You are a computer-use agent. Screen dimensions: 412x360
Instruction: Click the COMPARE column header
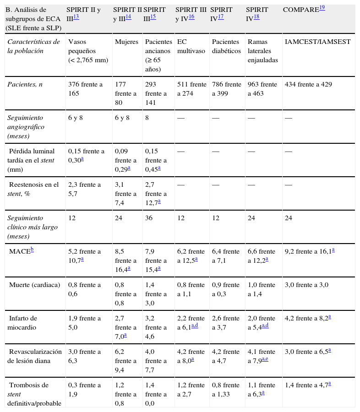coord(300,10)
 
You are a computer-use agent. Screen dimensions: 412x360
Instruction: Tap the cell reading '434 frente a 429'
coord(308,84)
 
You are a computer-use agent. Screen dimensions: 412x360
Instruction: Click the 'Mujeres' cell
coord(126,42)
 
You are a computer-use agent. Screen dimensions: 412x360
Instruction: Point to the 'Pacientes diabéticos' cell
coord(226,46)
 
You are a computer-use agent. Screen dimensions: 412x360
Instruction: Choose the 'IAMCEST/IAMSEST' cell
coord(317,42)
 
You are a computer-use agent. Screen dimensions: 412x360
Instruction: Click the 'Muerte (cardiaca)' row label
coord(34,285)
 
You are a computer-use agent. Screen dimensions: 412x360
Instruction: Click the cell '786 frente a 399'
coord(226,89)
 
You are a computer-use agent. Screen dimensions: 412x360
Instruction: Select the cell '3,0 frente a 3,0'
coord(306,285)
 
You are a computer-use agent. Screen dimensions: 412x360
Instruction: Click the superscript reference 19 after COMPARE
coord(322,7)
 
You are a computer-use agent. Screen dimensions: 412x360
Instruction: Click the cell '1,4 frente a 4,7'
coord(306,385)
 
